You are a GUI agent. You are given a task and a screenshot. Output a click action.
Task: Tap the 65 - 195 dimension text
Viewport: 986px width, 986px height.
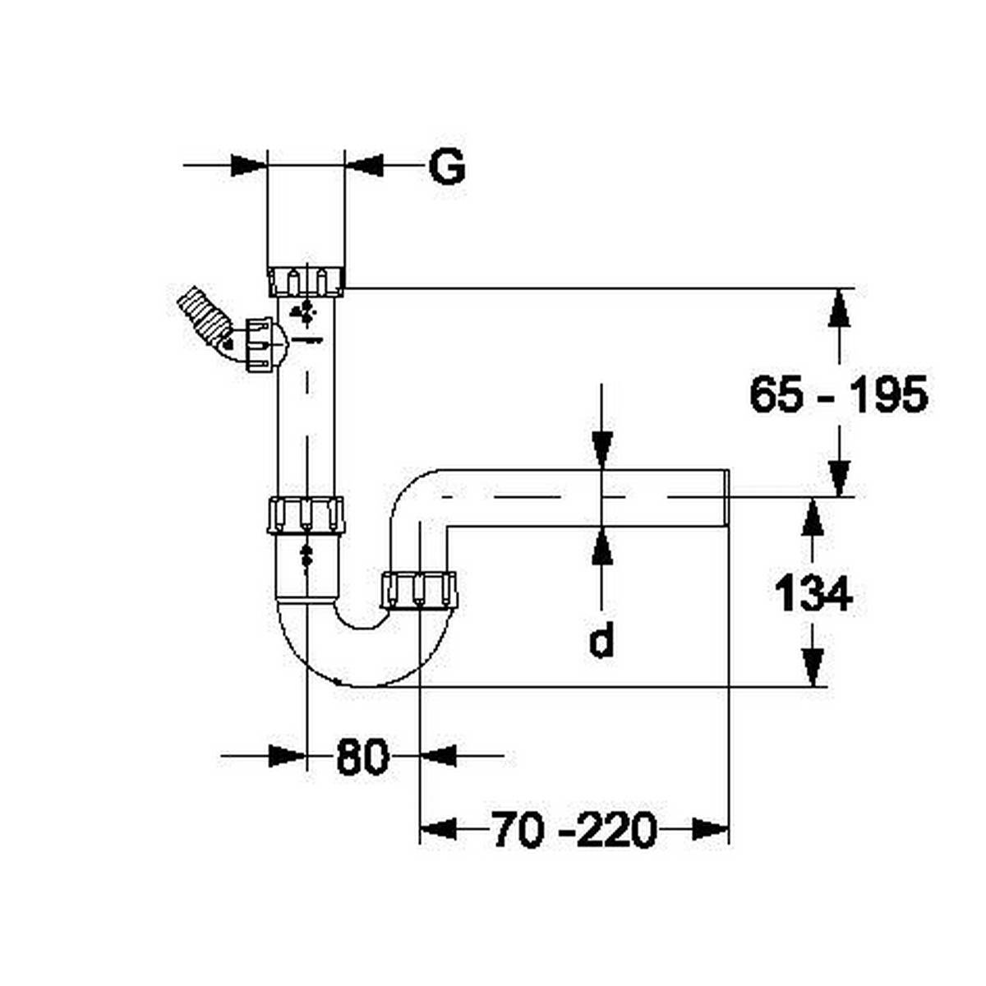(838, 395)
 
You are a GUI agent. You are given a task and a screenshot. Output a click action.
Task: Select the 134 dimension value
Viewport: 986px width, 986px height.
(813, 594)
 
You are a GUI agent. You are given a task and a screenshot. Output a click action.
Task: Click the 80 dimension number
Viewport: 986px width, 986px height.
(362, 757)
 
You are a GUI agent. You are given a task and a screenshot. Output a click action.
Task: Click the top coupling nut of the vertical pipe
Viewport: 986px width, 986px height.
(306, 280)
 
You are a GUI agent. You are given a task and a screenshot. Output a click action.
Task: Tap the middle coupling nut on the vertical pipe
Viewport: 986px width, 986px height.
(306, 516)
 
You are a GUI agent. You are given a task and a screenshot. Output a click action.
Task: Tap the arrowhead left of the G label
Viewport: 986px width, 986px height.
(364, 165)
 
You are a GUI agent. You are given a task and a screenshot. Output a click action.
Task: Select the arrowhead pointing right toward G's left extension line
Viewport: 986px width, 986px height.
(249, 165)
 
